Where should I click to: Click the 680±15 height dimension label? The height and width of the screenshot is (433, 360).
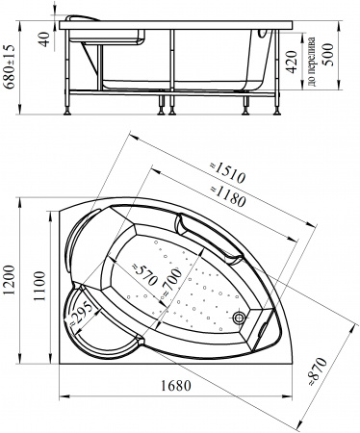coord(9,66)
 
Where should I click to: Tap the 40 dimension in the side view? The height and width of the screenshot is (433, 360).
coord(45,39)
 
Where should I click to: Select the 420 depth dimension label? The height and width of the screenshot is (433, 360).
coord(292,62)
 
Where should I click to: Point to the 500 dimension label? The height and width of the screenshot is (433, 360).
coord(328,55)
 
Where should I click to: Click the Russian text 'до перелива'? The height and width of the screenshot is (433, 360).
coord(311,62)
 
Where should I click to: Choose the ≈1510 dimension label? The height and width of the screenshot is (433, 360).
coord(227,173)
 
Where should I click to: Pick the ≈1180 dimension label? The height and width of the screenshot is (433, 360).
coord(228,195)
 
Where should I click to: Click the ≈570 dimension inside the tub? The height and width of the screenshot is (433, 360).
coord(144,274)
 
